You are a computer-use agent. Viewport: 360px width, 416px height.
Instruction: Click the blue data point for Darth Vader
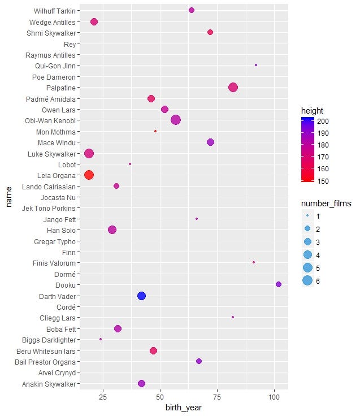pos(142,296)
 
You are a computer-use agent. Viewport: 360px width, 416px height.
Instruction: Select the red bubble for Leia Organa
pos(89,175)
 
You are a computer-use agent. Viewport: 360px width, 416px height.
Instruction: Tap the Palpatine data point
pos(233,87)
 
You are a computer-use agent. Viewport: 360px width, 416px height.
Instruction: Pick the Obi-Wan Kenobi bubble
pos(176,120)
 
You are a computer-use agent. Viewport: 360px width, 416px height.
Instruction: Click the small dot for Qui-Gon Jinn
pos(256,65)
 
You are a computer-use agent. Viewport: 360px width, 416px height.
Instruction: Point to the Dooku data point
pos(278,284)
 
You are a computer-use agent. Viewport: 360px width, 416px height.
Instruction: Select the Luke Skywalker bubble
pos(89,153)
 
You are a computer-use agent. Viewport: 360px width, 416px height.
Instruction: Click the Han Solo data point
pos(112,230)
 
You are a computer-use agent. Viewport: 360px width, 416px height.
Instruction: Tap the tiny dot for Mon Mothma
pos(155,131)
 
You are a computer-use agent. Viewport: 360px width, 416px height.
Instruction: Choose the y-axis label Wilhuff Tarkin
pos(54,11)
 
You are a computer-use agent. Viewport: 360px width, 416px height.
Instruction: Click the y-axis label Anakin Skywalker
pos(49,384)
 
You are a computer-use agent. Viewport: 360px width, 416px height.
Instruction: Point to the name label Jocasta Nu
pos(58,197)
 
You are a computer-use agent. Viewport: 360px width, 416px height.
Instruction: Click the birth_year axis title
pos(184,408)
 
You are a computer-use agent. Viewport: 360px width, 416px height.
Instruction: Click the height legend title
pos(312,110)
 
